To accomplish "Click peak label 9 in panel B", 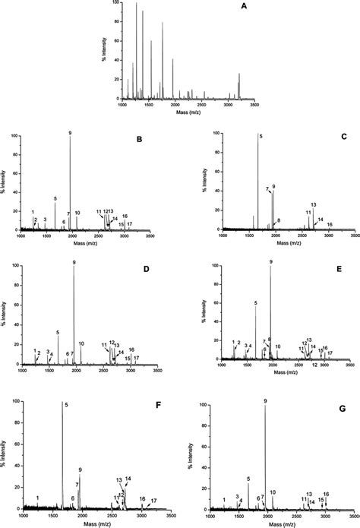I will click(x=70, y=134).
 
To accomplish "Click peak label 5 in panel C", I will click(x=261, y=136).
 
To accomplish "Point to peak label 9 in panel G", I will click(x=265, y=400).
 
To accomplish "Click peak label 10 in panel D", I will click(x=81, y=343).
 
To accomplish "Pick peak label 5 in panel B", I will click(x=55, y=199).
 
